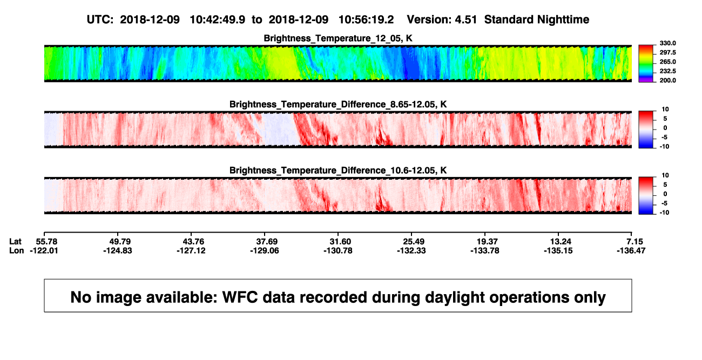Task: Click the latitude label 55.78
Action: pyautogui.click(x=44, y=242)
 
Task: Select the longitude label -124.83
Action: pyautogui.click(x=118, y=250)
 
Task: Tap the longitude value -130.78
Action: pyautogui.click(x=338, y=250)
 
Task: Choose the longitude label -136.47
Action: pyautogui.click(x=631, y=250)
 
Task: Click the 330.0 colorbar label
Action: pyautogui.click(x=667, y=43)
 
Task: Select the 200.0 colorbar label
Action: pyautogui.click(x=667, y=80)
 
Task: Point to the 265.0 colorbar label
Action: pyautogui.click(x=667, y=62)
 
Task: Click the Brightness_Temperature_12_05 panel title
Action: pyautogui.click(x=338, y=38)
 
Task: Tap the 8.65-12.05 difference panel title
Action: pyautogui.click(x=338, y=104)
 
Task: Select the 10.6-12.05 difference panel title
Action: pyautogui.click(x=338, y=171)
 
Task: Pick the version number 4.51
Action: pyautogui.click(x=465, y=20)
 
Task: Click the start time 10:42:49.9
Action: pyautogui.click(x=218, y=20)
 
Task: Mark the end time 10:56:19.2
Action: pyautogui.click(x=366, y=20)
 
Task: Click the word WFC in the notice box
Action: pyautogui.click(x=240, y=297)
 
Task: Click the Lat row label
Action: pyautogui.click(x=15, y=242)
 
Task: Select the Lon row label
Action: pyautogui.click(x=16, y=250)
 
